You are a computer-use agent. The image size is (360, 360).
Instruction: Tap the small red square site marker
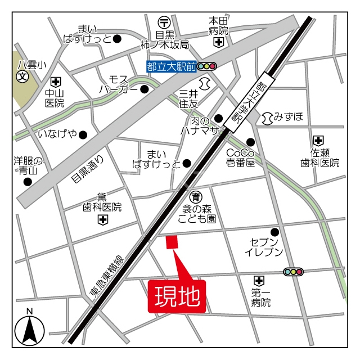coord(172,242)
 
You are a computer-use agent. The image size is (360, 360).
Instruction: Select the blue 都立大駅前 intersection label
coord(170,67)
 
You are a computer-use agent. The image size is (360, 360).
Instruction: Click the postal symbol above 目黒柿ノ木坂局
coord(165,22)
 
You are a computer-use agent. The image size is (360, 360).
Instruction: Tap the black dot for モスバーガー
coord(144,89)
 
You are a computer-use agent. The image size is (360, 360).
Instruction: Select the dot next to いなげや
coord(83,134)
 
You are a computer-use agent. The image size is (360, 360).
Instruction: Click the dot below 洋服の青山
coord(28,182)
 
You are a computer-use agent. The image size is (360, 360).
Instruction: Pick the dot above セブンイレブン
coord(275,232)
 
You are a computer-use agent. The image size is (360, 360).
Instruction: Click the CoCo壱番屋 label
coord(240,157)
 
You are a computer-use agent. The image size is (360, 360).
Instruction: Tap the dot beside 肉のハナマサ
coord(218,118)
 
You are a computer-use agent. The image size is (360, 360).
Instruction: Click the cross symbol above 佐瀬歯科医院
coord(319,140)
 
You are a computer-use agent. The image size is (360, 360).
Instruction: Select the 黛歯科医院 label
coord(102,202)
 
